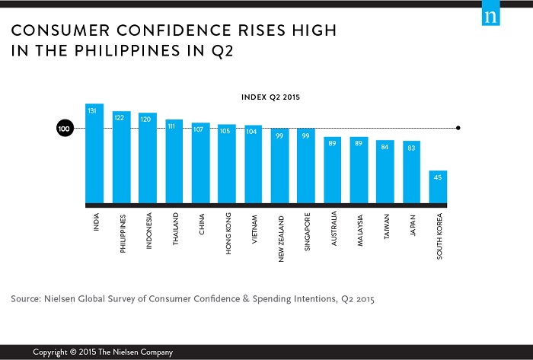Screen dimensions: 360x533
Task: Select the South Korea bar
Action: pyautogui.click(x=438, y=188)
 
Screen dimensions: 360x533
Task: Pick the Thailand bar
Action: pyautogui.click(x=174, y=163)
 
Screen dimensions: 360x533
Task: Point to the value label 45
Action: pyautogui.click(x=438, y=178)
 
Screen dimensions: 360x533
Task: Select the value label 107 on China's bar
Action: pyautogui.click(x=201, y=129)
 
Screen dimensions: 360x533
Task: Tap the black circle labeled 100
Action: pyautogui.click(x=65, y=129)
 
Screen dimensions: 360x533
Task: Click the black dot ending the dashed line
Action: pyautogui.click(x=458, y=129)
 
